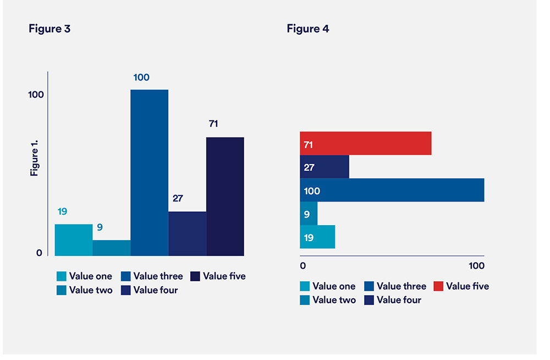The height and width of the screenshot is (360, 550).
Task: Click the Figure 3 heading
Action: pos(50,29)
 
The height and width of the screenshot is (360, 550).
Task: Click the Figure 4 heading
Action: pos(308,29)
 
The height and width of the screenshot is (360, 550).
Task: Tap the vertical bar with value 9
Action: pos(111,248)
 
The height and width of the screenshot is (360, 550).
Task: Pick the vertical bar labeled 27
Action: pos(187,233)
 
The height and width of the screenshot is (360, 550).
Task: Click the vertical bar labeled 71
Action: pos(225,196)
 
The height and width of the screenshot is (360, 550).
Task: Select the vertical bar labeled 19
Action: pos(73,240)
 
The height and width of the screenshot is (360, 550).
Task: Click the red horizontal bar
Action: pos(366,143)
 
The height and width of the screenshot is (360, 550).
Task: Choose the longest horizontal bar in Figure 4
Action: pos(392,190)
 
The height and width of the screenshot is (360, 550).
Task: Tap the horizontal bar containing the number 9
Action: pos(309,214)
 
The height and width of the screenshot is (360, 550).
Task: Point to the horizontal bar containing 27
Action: pos(324,167)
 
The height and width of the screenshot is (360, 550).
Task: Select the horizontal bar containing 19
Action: pos(317,237)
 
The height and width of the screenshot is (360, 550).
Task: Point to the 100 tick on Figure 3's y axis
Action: pos(36,95)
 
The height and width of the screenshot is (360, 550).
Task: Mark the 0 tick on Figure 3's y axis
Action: pos(39,253)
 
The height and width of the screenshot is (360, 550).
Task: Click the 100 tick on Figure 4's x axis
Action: pos(476,266)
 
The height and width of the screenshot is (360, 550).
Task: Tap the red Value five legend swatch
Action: pos(438,286)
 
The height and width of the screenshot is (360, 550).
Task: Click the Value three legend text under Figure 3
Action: pos(156,276)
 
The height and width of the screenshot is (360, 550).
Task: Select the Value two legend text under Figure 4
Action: pos(334,300)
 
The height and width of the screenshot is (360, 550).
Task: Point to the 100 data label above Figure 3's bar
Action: pos(141,78)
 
